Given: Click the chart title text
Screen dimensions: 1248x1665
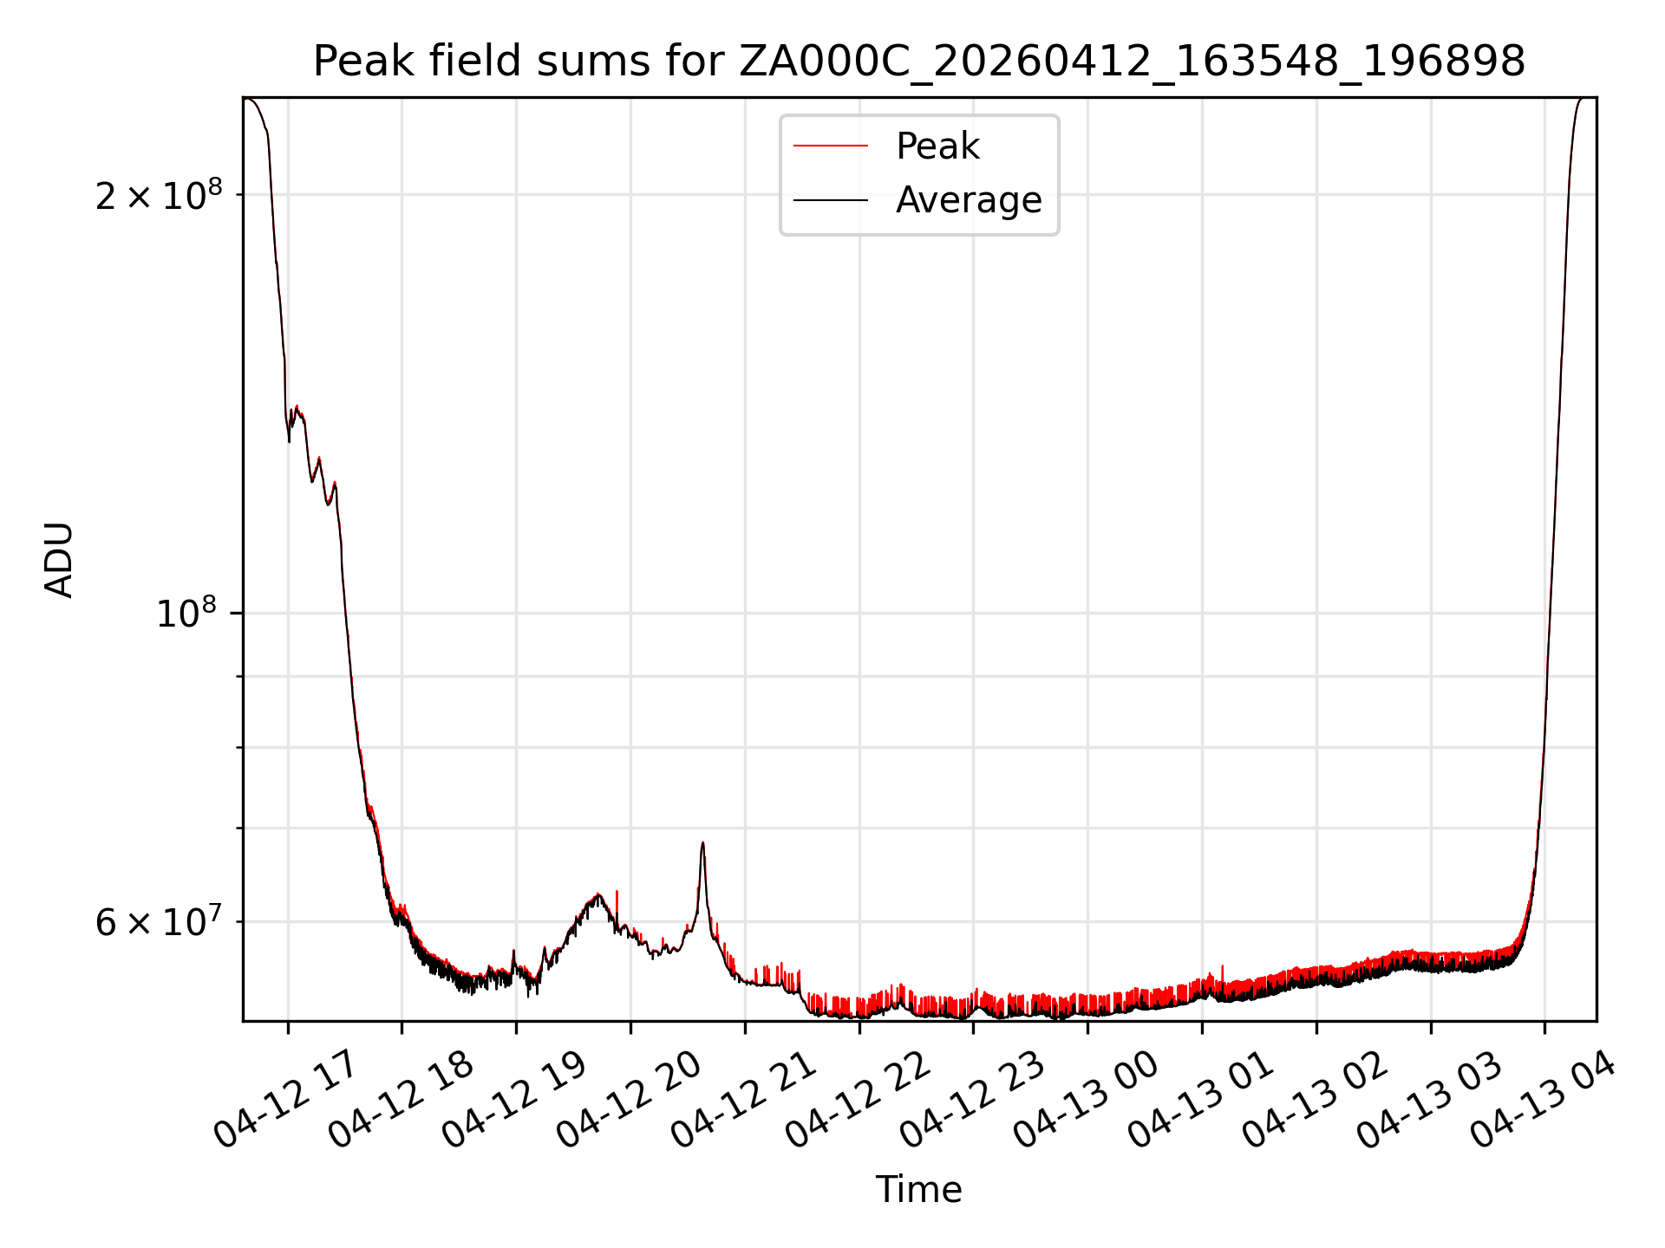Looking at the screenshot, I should (x=918, y=62).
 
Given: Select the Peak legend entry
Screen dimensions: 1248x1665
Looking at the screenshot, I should (x=937, y=146).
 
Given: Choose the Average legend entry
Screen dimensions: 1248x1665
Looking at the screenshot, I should (x=968, y=200).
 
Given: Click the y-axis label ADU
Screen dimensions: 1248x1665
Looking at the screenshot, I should (x=59, y=560).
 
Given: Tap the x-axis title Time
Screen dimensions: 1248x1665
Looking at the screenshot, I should (x=918, y=1190).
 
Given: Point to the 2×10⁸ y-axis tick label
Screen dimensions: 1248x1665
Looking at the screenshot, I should (x=146, y=197).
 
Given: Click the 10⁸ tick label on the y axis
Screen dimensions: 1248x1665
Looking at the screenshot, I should (x=185, y=614).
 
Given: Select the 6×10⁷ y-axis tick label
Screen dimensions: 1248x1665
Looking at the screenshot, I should (x=146, y=923).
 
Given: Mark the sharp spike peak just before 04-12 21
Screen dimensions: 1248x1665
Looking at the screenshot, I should (x=702, y=842).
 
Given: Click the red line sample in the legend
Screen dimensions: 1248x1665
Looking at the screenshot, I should (x=830, y=146).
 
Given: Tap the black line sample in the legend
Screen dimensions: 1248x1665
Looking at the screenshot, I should (x=830, y=200).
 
